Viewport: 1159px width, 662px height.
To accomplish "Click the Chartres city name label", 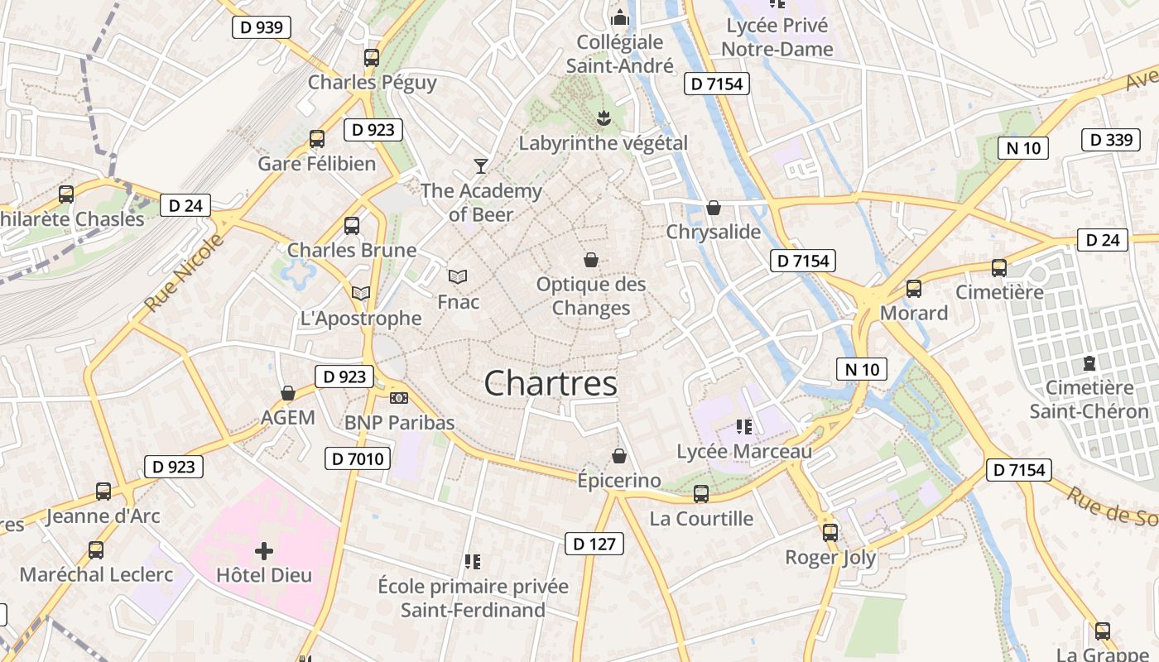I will [x=551, y=384].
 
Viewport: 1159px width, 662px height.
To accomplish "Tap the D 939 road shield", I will [x=261, y=27].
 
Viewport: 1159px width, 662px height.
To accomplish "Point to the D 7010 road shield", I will [x=357, y=458].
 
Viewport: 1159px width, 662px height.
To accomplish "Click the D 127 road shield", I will [x=594, y=544].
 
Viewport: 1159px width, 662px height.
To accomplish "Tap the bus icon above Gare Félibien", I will [x=317, y=138].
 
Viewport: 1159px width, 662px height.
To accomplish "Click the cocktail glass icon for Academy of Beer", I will [x=480, y=166].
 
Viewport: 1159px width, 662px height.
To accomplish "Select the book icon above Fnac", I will [x=458, y=276].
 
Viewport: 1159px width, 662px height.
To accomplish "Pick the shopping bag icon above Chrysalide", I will [x=714, y=208].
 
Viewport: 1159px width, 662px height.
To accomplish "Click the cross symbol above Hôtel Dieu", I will [x=264, y=550].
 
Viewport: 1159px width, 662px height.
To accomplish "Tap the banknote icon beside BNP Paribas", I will [x=399, y=398].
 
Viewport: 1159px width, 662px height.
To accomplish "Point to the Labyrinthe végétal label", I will [x=603, y=143].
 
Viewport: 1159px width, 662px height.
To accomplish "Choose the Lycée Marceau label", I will [x=744, y=452].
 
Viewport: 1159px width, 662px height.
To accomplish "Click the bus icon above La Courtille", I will [x=701, y=494].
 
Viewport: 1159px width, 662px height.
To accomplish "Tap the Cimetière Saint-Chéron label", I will [x=1089, y=400].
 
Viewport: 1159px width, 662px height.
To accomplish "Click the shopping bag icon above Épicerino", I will [x=619, y=456].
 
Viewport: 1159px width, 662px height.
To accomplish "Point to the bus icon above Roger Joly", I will [x=830, y=532].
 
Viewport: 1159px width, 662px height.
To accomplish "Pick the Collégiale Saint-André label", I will [x=620, y=54].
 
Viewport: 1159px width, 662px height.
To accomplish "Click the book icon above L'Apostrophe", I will [x=361, y=293].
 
